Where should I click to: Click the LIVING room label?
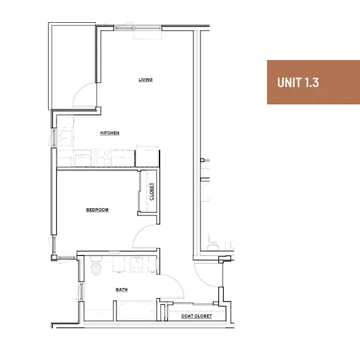coord(145,80)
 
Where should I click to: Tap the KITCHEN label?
coord(110,133)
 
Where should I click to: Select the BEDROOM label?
coord(97,210)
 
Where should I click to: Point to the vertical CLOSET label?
coord(152,191)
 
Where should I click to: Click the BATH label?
coord(121,290)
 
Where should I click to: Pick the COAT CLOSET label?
coord(197,316)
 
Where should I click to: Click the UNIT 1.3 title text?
coord(298,82)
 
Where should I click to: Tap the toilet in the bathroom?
coord(96,266)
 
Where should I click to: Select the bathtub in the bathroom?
coord(137,311)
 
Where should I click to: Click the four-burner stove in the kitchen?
coord(101,157)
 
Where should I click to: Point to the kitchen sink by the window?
coord(65,138)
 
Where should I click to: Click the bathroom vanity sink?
coord(137,263)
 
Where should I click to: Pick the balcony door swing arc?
coord(79,89)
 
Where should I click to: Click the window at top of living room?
coord(138,28)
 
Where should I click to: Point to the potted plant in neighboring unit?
coord(212,242)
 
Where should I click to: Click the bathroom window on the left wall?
coord(81,291)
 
